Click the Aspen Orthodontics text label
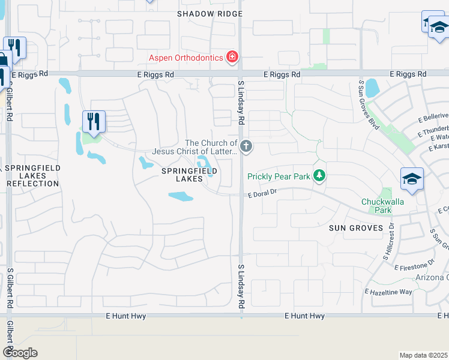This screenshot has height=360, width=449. coord(185,58)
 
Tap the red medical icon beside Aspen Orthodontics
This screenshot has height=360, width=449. coord(232,58)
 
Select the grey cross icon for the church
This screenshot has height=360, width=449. coord(246,146)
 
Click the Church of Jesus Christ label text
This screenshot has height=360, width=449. coord(211,147)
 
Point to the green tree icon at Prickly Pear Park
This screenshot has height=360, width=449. coord(321,175)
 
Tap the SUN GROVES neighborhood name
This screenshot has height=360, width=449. coord(356,228)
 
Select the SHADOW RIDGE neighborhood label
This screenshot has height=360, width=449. coord(210,14)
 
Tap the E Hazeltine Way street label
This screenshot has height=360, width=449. coord(388,292)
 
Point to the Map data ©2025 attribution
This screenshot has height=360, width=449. coord(423,355)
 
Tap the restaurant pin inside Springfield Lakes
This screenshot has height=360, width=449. coord(94,122)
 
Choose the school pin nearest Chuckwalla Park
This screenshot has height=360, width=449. coord(412,179)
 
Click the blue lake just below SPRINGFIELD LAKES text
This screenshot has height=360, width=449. coord(180,196)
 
